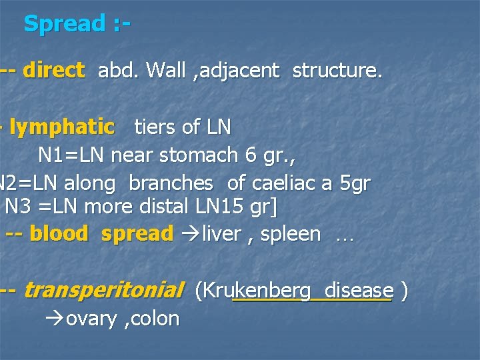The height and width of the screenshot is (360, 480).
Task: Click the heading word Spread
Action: point(64,24)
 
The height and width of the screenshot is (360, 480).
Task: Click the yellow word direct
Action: point(53,70)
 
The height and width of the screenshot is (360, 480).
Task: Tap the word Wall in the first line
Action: point(165,70)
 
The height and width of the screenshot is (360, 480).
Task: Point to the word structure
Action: point(337,70)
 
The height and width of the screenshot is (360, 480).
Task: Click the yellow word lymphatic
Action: point(61,127)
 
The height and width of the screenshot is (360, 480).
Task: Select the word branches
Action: point(171,183)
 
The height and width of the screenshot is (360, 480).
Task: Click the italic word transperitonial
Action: point(103,291)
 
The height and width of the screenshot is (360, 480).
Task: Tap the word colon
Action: point(155,319)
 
